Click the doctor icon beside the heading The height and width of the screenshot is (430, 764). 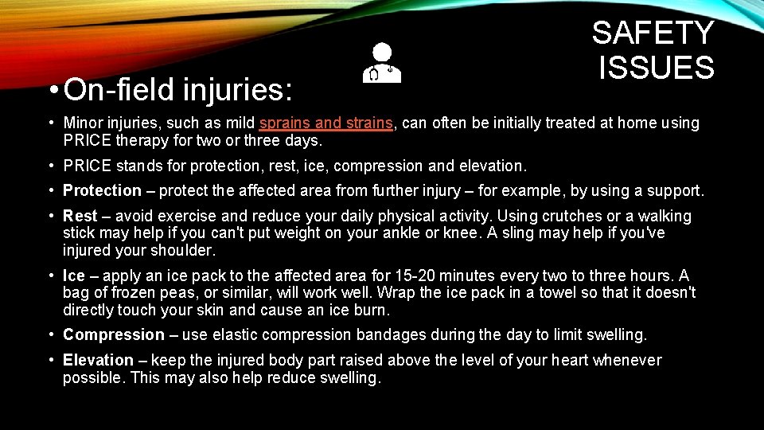[382, 63]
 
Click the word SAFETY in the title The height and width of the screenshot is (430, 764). [653, 33]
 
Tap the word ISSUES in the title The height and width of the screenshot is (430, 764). [657, 67]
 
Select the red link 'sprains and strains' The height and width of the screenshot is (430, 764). [327, 123]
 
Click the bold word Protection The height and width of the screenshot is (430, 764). [102, 190]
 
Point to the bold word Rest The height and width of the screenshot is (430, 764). [80, 216]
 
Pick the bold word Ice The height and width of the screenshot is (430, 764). [74, 276]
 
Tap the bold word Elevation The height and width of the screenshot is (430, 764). [98, 360]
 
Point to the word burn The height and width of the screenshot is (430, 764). [372, 310]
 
